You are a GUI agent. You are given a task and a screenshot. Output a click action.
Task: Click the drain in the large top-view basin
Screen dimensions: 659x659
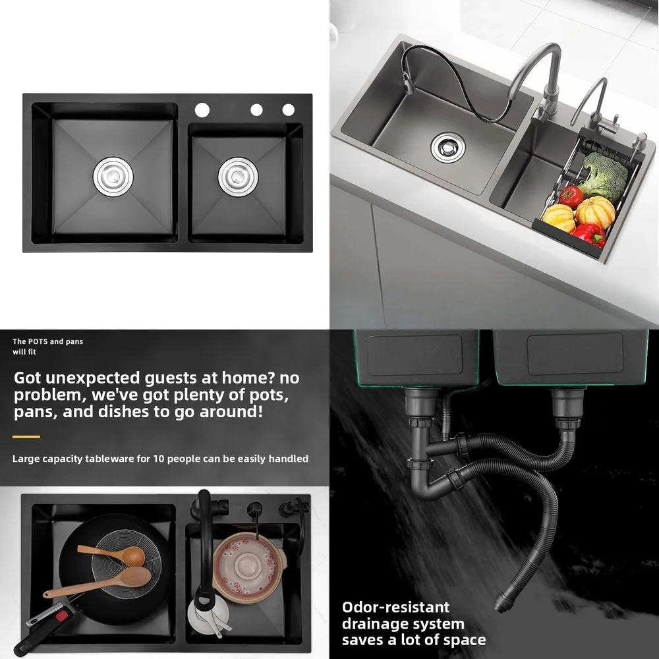pos(113,177)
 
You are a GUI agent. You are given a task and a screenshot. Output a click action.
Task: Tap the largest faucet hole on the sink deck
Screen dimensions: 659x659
pos(202,109)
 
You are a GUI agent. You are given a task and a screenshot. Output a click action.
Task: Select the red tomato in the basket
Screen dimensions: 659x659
pos(571,196)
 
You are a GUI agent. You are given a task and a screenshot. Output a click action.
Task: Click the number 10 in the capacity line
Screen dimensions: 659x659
pos(159,459)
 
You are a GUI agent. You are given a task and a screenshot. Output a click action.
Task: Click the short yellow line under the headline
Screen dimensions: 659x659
pos(26,436)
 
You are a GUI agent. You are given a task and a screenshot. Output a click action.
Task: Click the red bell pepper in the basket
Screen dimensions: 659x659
pos(589,233)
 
